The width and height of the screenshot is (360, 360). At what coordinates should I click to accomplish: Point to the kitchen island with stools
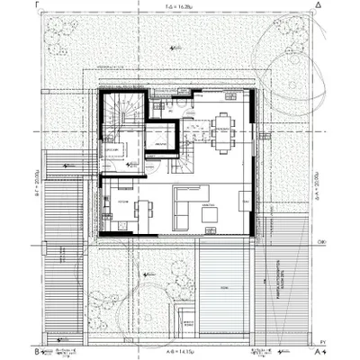(139, 211)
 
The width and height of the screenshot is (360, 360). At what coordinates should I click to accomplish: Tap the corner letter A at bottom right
(319, 352)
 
